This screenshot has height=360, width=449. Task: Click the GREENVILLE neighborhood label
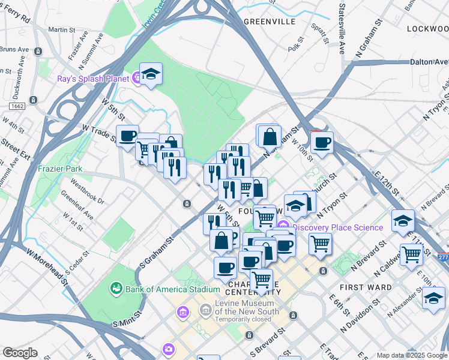[x=270, y=21]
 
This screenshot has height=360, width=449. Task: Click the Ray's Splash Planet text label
[x=92, y=79]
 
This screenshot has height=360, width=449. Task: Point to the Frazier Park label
[x=60, y=169]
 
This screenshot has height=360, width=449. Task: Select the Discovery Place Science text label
[x=338, y=227]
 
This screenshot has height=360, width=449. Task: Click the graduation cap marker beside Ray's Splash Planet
[x=151, y=74]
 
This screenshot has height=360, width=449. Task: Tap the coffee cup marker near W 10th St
[x=322, y=142]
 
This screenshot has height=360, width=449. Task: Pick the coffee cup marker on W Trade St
[x=127, y=136]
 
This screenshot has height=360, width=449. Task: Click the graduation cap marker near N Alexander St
[x=433, y=297]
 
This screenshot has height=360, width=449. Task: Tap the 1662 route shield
[x=17, y=106]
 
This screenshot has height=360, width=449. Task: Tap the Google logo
[x=20, y=353]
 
